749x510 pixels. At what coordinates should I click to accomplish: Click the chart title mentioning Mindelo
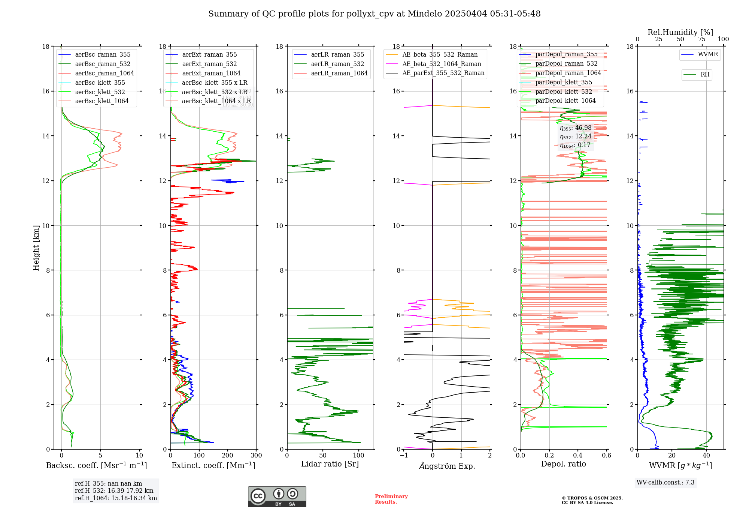(x=374, y=14)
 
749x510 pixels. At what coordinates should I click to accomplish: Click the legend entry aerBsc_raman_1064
(x=104, y=73)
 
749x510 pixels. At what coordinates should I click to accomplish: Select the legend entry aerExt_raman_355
(x=209, y=55)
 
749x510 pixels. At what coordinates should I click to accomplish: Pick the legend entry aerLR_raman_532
(x=337, y=64)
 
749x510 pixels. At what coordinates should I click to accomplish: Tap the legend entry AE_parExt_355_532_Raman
(x=443, y=73)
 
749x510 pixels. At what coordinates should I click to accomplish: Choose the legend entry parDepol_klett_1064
(x=565, y=100)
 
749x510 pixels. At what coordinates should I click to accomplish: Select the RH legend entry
(x=705, y=75)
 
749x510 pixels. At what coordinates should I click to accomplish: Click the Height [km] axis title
(x=36, y=248)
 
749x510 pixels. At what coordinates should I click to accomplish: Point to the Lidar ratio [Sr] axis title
(x=330, y=464)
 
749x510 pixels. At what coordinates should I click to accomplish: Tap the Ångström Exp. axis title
(x=447, y=466)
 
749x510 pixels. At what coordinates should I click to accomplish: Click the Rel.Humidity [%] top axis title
(x=680, y=32)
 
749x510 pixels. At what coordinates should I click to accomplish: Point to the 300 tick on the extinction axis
(x=257, y=456)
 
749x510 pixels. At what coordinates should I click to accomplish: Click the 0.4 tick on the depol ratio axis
(x=578, y=456)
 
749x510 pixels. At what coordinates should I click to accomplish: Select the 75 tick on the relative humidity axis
(x=702, y=39)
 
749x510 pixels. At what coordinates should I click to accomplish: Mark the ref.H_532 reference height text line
(x=114, y=491)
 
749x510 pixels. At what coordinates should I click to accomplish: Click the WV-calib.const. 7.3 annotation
(x=665, y=483)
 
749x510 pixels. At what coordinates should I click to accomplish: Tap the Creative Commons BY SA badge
(x=277, y=497)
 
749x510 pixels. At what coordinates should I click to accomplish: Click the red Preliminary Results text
(x=391, y=499)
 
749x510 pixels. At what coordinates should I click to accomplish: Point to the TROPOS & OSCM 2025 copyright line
(x=592, y=498)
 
